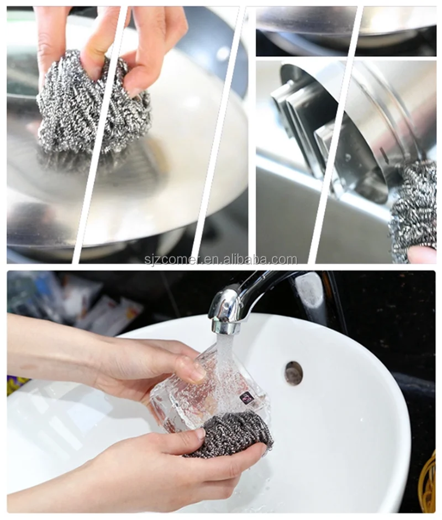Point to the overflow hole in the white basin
293,373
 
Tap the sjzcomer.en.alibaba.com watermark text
220,259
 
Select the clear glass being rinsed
210,387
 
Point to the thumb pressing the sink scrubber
182,442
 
